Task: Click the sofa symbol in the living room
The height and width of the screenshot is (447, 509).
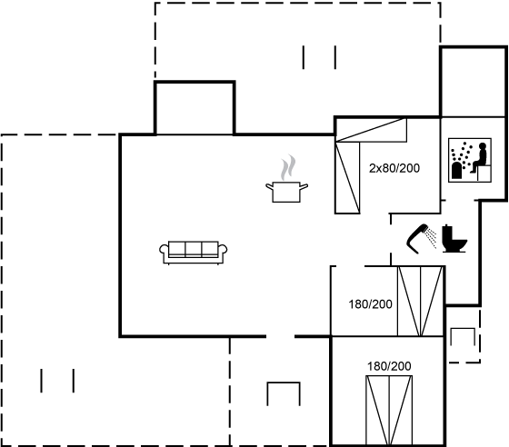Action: click(x=193, y=253)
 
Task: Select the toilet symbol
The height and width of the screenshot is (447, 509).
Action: click(x=454, y=238)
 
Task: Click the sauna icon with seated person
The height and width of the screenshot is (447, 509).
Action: click(x=470, y=160)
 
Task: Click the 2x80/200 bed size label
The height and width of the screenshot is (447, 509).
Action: click(x=394, y=168)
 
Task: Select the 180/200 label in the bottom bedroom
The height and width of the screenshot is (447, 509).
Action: click(x=389, y=366)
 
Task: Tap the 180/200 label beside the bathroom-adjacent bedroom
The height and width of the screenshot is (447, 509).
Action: click(x=371, y=304)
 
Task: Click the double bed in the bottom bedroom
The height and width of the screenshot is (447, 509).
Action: click(x=389, y=411)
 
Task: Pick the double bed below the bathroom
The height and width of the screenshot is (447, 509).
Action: click(x=420, y=301)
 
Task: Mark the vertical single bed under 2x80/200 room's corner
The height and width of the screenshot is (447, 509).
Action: click(x=347, y=178)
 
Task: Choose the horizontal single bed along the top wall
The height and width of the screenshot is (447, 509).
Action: click(x=371, y=130)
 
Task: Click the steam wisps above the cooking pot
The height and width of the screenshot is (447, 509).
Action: click(x=288, y=167)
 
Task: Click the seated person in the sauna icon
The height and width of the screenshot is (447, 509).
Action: click(x=480, y=158)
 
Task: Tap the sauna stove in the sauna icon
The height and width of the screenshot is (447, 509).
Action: click(x=456, y=170)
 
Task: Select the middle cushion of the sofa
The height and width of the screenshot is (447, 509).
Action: click(x=194, y=249)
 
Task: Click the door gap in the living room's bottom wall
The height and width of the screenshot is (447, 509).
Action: click(x=281, y=336)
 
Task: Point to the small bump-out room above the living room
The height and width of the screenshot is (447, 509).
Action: click(x=195, y=108)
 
